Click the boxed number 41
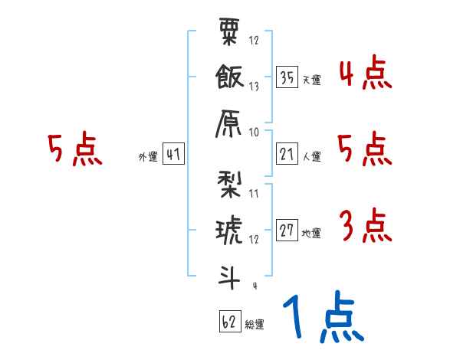[x=173, y=154]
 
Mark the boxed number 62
[x=228, y=322]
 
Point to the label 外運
[x=147, y=156]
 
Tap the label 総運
[x=255, y=324]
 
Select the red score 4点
[x=365, y=75]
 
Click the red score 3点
[x=365, y=227]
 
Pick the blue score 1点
[x=323, y=318]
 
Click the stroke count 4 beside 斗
[x=254, y=286]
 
